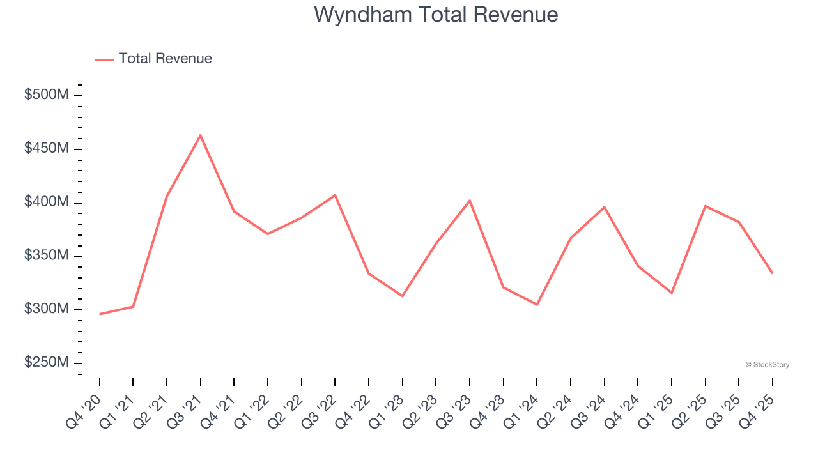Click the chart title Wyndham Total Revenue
pos(436,15)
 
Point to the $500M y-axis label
pos(46,95)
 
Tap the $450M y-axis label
pos(46,148)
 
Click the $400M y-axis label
pos(46,202)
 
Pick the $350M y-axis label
pos(46,256)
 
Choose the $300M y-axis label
pos(46,309)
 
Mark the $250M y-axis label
pos(46,362)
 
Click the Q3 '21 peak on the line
pos(201,135)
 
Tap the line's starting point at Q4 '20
pos(100,314)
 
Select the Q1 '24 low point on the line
pos(537,305)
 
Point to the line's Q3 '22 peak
pos(335,195)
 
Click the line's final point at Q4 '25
pos(772,273)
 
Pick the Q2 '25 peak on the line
pos(705,206)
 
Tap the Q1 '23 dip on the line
pos(403,296)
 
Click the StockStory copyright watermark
pos(767,365)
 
